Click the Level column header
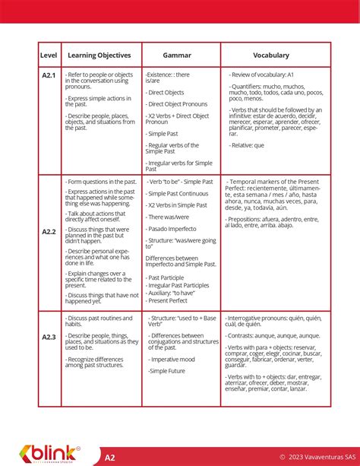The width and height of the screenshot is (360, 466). pyautogui.click(x=49, y=55)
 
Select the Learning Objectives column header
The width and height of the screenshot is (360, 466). pyautogui.click(x=99, y=55)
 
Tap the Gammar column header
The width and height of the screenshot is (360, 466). pyautogui.click(x=178, y=55)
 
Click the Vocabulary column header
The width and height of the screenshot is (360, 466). pyautogui.click(x=271, y=55)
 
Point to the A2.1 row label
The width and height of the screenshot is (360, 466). pyautogui.click(x=49, y=75)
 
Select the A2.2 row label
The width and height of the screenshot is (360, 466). pyautogui.click(x=49, y=231)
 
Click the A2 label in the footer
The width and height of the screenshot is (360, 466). pyautogui.click(x=110, y=457)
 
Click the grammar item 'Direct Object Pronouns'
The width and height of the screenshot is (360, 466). pyautogui.click(x=178, y=104)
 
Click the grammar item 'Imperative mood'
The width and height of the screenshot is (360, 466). pyautogui.click(x=173, y=359)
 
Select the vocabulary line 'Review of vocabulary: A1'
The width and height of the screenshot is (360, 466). pyautogui.click(x=264, y=74)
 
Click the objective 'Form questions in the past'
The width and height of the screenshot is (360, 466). pyautogui.click(x=102, y=182)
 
